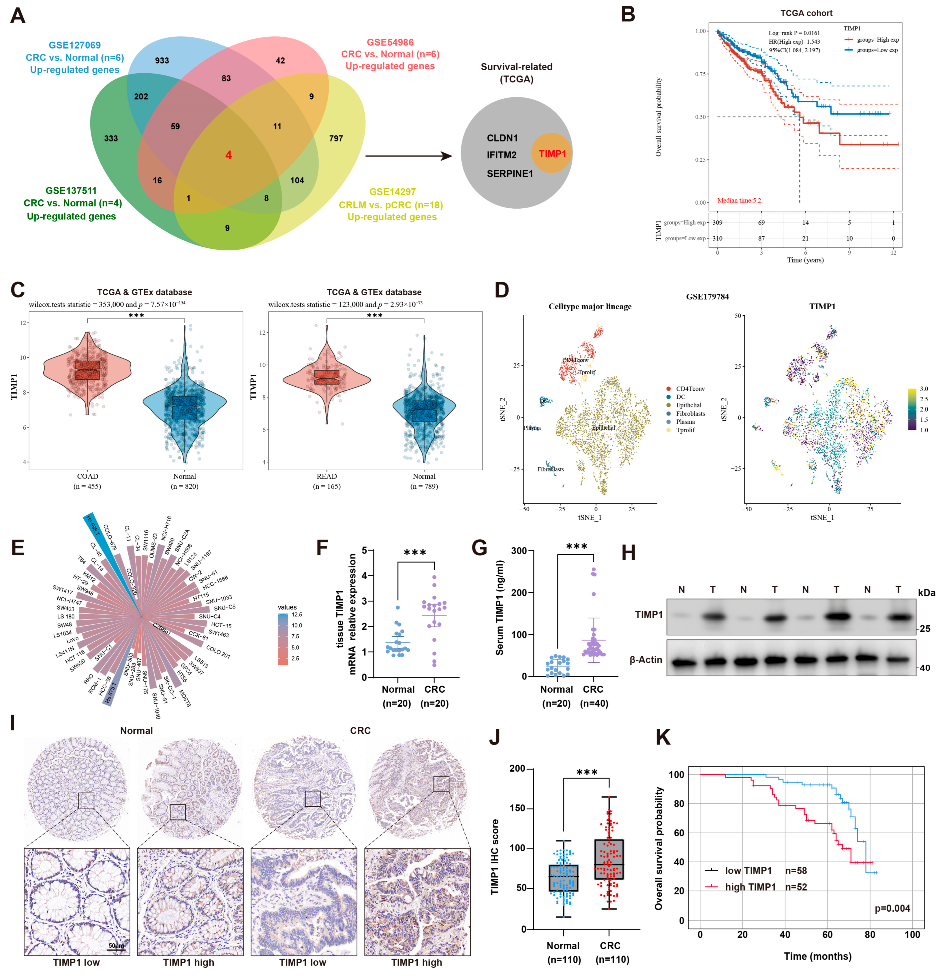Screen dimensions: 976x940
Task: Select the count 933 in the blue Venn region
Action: point(162,61)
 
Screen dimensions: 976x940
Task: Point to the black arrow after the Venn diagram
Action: point(408,156)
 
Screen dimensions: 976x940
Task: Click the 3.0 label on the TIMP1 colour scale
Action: point(924,389)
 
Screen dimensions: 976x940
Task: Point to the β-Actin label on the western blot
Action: point(646,660)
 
